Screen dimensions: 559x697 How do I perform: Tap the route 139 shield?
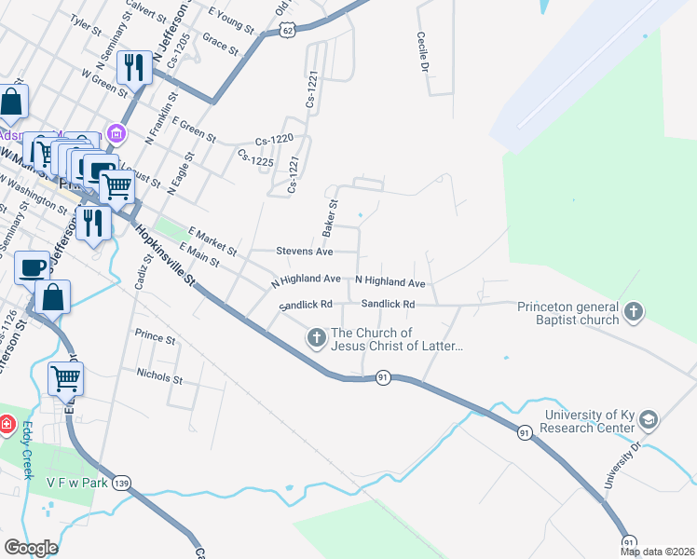[x=121, y=484]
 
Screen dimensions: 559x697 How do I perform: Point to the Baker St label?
[x=330, y=215]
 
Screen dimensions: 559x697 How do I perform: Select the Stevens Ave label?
[x=304, y=252]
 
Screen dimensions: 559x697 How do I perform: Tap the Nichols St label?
[x=159, y=379]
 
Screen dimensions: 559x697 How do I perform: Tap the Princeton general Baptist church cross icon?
[x=634, y=312]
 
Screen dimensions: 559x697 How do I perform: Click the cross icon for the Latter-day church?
[x=316, y=337]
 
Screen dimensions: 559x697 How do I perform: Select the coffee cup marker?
[x=33, y=267]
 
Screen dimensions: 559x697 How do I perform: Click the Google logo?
[x=31, y=548]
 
